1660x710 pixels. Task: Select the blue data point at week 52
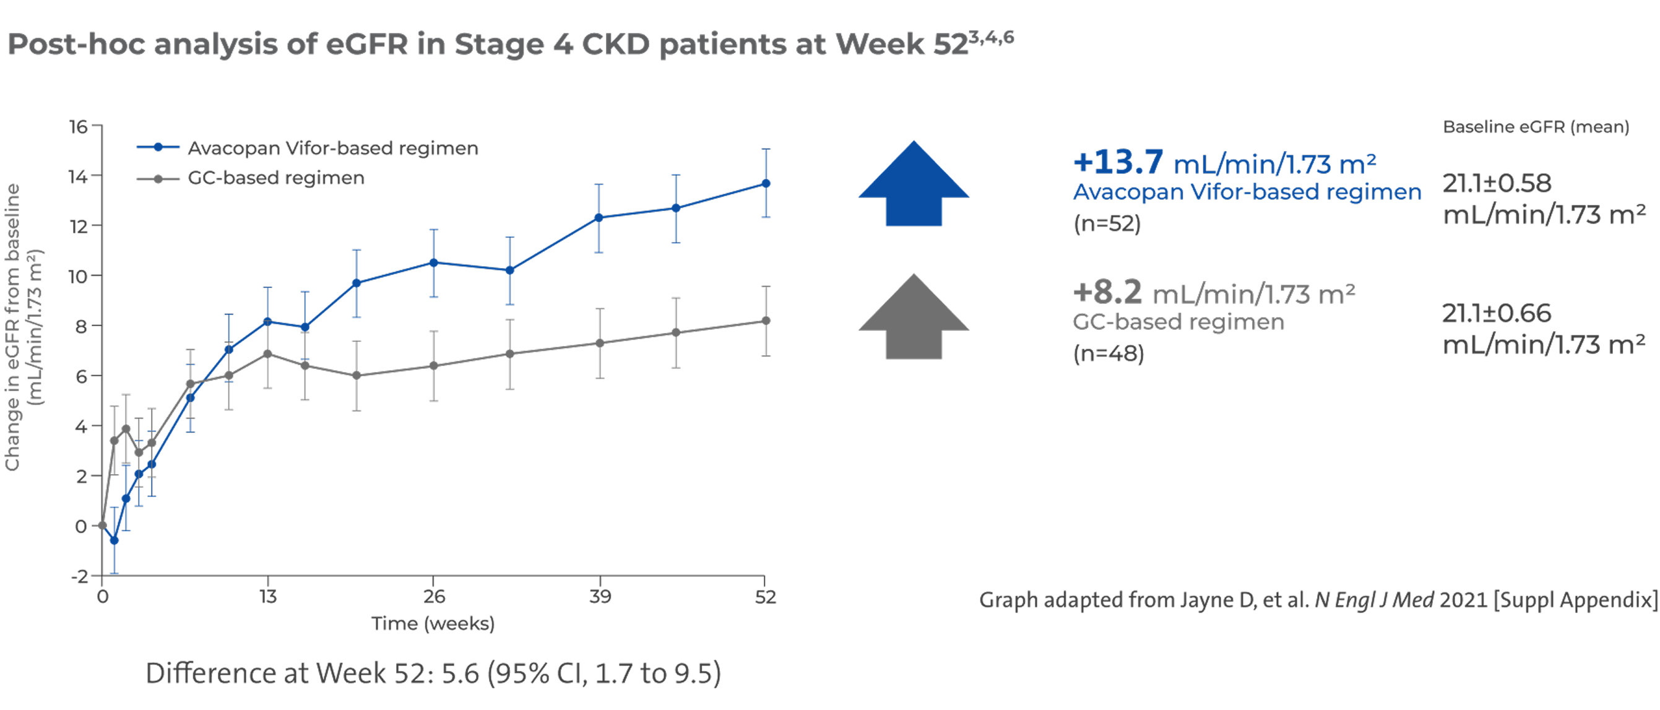[x=766, y=184]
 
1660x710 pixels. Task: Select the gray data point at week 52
[x=766, y=321]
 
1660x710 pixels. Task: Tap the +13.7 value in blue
[x=1118, y=162]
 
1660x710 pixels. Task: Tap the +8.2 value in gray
[x=1107, y=293]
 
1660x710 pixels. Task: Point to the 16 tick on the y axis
[x=79, y=126]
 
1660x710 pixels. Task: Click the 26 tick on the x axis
[x=434, y=597]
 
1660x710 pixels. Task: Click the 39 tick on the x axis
[x=599, y=597]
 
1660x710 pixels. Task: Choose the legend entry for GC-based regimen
[x=275, y=178]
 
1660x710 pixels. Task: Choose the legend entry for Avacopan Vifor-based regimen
[x=332, y=148]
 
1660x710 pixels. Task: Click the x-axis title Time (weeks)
[x=433, y=624]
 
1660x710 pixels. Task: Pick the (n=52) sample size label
[x=1107, y=223]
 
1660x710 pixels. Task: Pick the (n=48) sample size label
[x=1108, y=353]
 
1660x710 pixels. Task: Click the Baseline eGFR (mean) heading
[x=1536, y=127]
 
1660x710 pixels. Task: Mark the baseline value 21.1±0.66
[x=1496, y=314]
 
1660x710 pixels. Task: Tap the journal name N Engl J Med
[x=1374, y=600]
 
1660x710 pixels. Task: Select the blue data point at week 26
[x=434, y=263]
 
